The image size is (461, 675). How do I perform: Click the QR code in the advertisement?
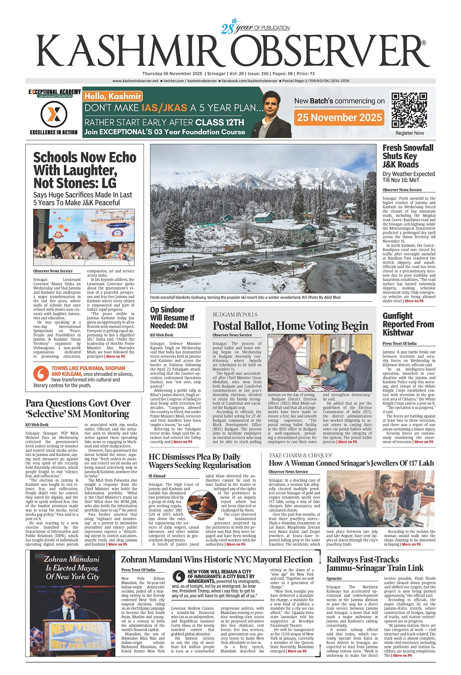click(x=409, y=110)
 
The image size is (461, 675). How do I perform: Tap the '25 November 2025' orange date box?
click(x=339, y=118)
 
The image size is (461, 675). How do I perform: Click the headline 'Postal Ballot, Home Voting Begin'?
click(x=290, y=326)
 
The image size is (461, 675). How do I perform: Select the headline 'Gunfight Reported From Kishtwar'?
click(x=408, y=324)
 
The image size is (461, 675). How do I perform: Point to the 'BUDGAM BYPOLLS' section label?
click(x=235, y=314)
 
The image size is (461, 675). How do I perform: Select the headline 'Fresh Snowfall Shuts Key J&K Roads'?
click(x=408, y=156)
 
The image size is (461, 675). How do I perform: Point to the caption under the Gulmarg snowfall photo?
click(x=245, y=297)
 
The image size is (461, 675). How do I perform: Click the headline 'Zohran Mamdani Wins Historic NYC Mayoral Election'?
click(x=216, y=559)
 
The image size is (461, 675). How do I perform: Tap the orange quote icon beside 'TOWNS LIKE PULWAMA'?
click(x=41, y=373)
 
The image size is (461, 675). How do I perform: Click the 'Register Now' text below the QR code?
click(x=409, y=133)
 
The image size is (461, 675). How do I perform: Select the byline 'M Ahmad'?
click(x=157, y=476)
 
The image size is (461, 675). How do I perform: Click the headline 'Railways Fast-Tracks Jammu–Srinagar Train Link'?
click(x=375, y=563)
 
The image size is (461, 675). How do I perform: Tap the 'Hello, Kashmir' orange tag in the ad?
click(x=113, y=96)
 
